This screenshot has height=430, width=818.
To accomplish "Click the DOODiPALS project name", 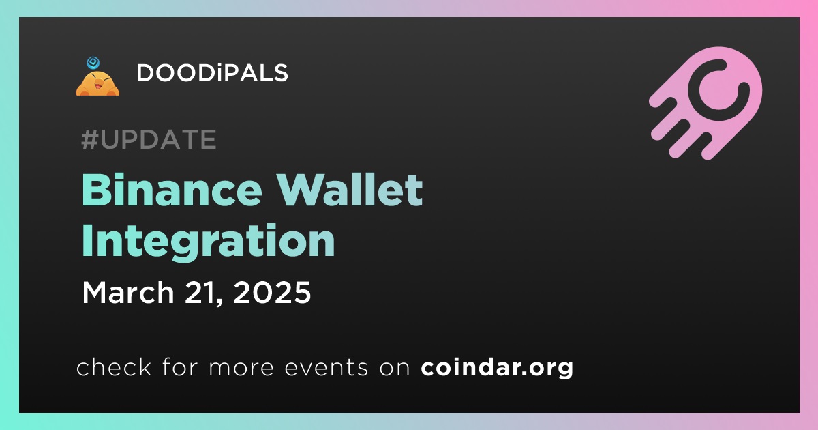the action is [x=212, y=73].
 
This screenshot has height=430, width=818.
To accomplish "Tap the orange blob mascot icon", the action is [x=97, y=83].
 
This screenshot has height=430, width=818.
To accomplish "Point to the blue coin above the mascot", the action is [x=93, y=63].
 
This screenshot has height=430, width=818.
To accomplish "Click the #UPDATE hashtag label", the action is [x=149, y=139].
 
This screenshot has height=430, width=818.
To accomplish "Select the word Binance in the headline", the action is [x=172, y=190].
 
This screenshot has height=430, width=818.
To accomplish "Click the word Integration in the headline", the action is [x=208, y=242].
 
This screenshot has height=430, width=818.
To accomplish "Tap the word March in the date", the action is [x=128, y=292].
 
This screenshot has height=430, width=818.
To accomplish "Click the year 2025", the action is [x=272, y=292].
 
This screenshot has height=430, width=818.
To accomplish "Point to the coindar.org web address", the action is [x=497, y=367].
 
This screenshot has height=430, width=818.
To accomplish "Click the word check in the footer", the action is [x=114, y=367].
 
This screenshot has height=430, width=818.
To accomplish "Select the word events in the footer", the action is [x=326, y=367].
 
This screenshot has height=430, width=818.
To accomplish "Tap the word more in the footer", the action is [x=241, y=368].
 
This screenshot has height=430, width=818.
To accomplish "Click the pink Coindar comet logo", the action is [x=706, y=103].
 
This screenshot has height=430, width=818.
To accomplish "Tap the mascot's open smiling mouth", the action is [x=98, y=86].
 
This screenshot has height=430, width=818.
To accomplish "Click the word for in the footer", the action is [x=180, y=367].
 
